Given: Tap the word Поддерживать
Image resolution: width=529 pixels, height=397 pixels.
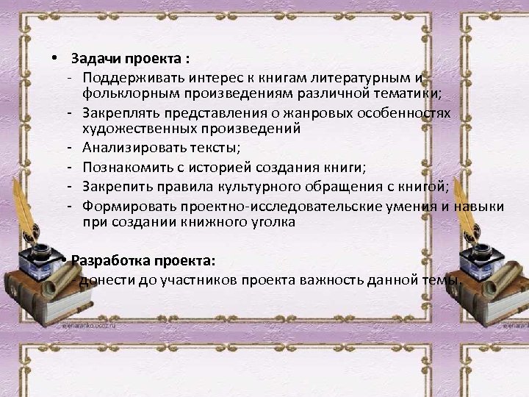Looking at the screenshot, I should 131,77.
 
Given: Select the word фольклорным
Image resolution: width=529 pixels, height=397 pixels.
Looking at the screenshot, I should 121,94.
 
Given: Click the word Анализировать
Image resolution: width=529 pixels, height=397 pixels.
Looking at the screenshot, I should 129,149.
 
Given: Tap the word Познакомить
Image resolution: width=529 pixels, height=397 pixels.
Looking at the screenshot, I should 126,168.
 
